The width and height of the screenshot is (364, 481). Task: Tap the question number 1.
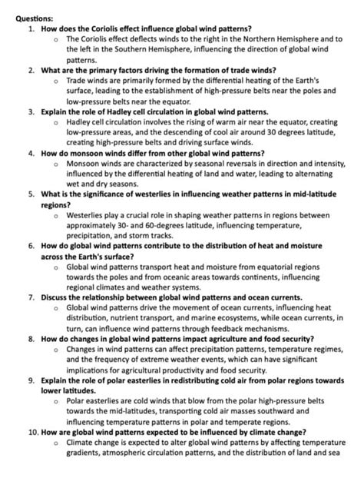(x=30, y=26)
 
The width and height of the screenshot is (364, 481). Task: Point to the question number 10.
(x=28, y=433)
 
